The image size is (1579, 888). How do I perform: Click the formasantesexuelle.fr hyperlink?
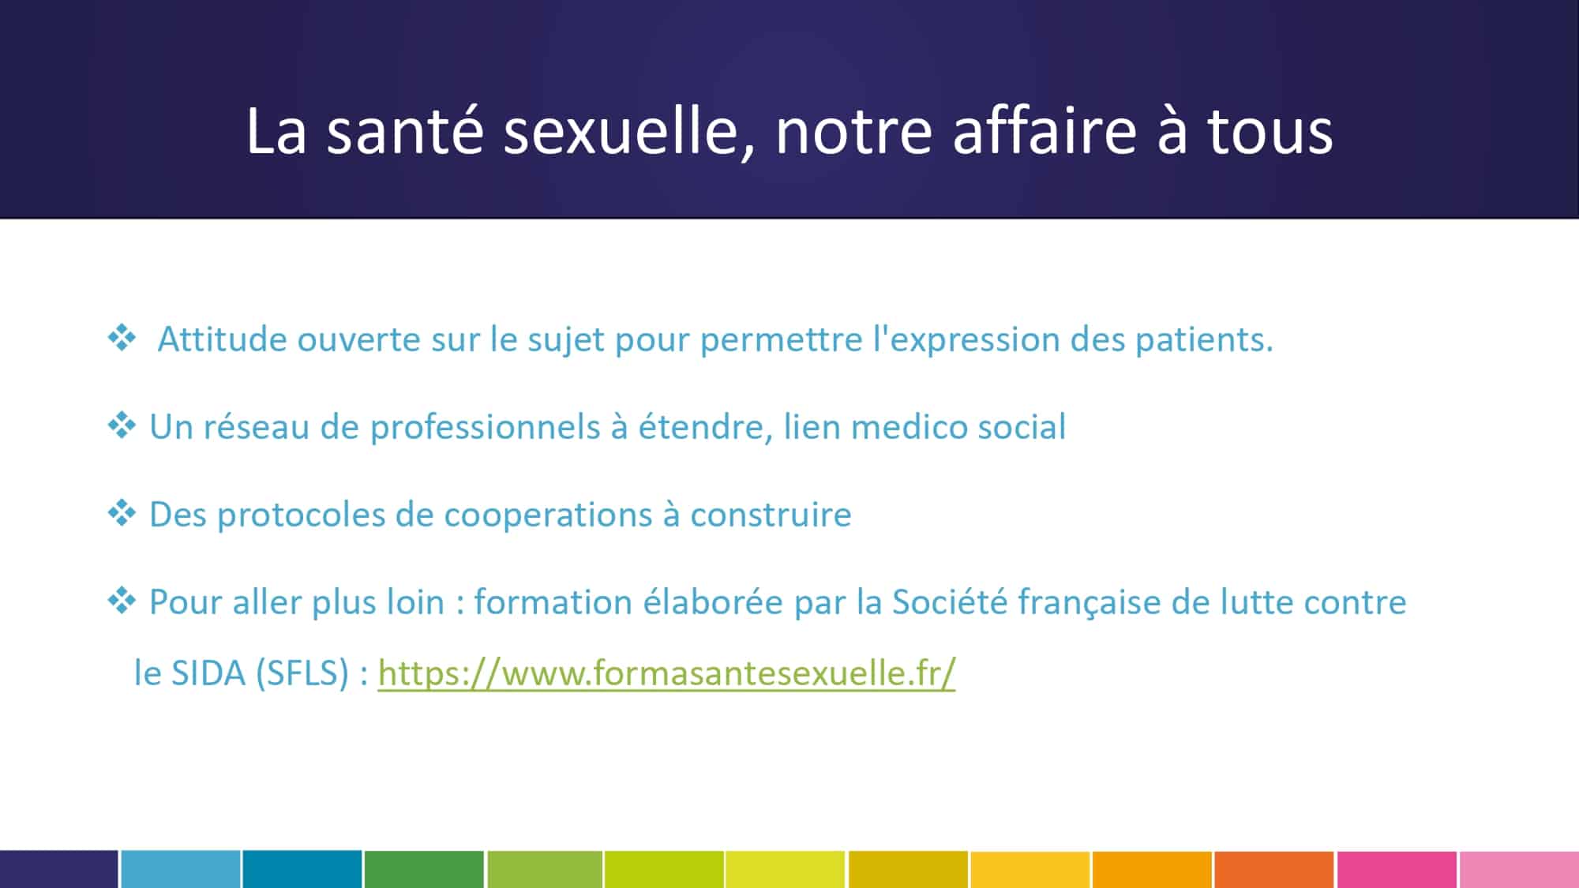666,673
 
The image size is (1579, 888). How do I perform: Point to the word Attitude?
222,339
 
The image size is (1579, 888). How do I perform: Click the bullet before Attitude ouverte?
122,338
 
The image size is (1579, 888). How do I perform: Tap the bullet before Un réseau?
122,425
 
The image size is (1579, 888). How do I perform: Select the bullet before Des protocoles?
122,513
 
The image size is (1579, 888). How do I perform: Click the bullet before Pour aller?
122,601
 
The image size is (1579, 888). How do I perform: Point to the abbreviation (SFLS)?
302,673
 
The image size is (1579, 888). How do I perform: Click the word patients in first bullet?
1205,340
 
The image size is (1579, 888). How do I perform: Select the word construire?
771,515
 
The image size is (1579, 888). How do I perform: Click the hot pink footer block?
1397,869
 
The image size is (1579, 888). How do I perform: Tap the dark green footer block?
424,869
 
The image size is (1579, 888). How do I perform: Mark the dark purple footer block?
59,869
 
